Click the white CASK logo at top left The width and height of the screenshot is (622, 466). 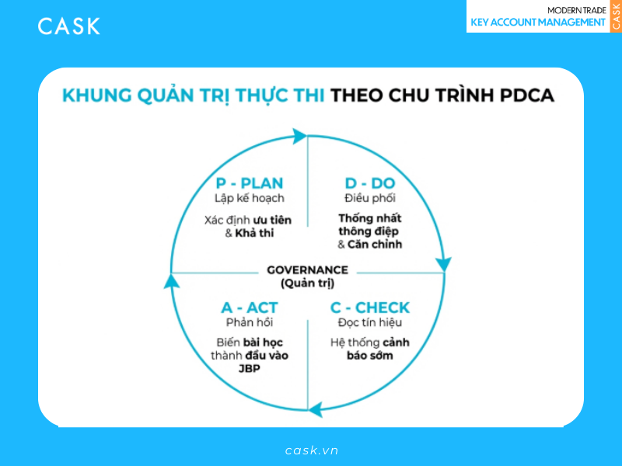pyautogui.click(x=69, y=26)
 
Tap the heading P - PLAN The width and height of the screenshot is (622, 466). pyautogui.click(x=250, y=183)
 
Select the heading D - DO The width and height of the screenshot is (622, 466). pyautogui.click(x=370, y=183)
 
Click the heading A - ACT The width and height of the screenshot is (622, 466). pyautogui.click(x=250, y=308)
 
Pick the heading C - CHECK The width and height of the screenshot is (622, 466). pyautogui.click(x=370, y=308)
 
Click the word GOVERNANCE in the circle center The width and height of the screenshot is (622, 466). pyautogui.click(x=307, y=270)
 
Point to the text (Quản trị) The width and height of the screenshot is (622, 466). pyautogui.click(x=307, y=283)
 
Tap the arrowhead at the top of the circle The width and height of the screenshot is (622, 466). pyautogui.click(x=299, y=136)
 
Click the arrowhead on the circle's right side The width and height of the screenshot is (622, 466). pyautogui.click(x=443, y=264)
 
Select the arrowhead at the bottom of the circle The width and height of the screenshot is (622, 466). pyautogui.click(x=316, y=410)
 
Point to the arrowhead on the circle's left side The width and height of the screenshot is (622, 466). pyautogui.click(x=171, y=281)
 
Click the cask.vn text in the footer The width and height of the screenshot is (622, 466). pyautogui.click(x=312, y=450)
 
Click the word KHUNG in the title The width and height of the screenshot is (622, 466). pyautogui.click(x=97, y=96)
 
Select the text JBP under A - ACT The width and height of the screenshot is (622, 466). pyautogui.click(x=250, y=368)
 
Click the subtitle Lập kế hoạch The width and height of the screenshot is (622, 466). pyautogui.click(x=250, y=198)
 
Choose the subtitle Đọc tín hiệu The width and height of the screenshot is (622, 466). pyautogui.click(x=370, y=322)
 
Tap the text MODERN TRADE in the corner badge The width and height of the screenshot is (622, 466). pyautogui.click(x=577, y=10)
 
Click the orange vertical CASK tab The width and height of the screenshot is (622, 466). pyautogui.click(x=616, y=16)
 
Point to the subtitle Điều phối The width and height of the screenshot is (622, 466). pyautogui.click(x=370, y=198)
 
